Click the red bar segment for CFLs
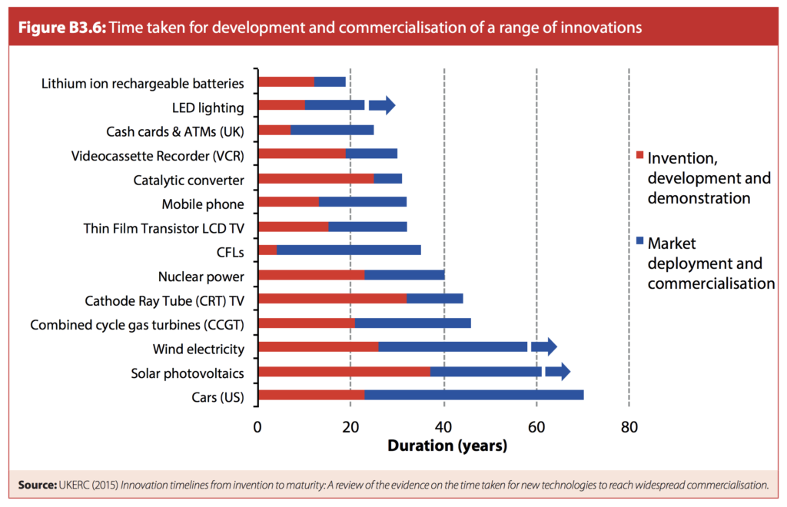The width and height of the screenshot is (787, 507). [x=267, y=250]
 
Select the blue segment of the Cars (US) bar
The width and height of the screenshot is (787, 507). [x=473, y=395]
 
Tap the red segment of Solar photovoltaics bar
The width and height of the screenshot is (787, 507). [x=344, y=372]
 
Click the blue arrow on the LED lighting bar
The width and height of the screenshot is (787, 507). [x=382, y=106]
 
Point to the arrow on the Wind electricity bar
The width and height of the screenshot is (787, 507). [x=543, y=347]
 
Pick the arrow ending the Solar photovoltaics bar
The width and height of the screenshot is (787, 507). [x=557, y=372]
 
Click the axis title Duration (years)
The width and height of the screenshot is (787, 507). [x=447, y=446]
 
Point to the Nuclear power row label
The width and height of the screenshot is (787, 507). [x=201, y=277]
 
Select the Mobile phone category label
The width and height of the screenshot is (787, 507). [x=203, y=204]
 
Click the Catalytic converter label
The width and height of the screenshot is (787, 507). [x=188, y=181]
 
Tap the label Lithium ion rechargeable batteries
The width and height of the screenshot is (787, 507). [x=143, y=83]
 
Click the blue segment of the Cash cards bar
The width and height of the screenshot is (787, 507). [x=332, y=130]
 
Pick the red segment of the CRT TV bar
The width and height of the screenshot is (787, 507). [x=332, y=299]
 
